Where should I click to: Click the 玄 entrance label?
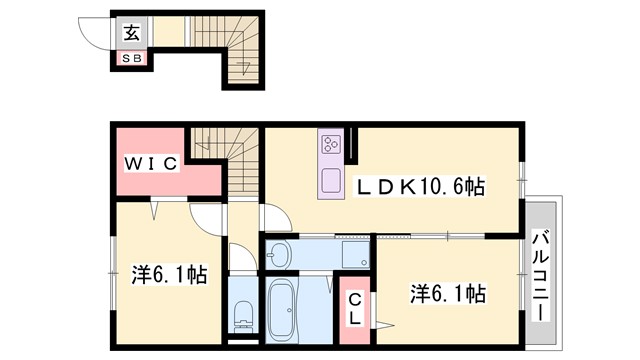132,31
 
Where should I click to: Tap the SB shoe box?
132,58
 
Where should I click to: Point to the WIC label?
151,163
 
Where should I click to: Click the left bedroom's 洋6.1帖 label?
169,274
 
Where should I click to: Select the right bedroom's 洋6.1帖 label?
448,294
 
